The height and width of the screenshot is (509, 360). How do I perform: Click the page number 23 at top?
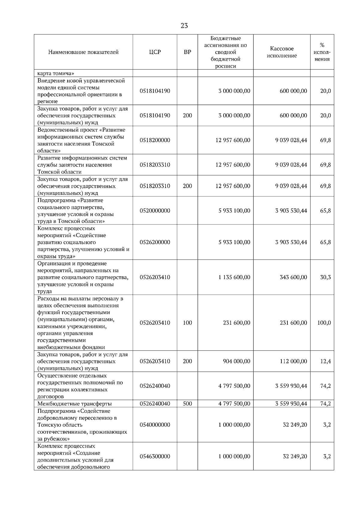coord(184,26)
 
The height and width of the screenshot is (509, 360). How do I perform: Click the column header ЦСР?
coord(155,52)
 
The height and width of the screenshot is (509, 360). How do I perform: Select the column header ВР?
coord(187,52)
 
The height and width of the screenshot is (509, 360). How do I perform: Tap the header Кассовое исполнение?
coord(282,52)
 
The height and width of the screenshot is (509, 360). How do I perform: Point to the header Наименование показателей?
coord(83,52)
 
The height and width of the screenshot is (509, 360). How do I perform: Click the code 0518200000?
coord(155,140)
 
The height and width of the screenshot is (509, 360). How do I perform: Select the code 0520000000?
coord(155,211)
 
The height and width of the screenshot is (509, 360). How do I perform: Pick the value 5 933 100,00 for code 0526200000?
coord(234,242)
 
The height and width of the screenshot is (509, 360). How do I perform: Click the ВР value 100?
coord(187,323)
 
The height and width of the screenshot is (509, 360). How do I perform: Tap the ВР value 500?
coord(187,404)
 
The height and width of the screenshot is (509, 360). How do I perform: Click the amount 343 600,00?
coord(293,277)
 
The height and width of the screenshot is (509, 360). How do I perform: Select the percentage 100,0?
coord(324,323)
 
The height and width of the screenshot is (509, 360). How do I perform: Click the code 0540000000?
coord(155,425)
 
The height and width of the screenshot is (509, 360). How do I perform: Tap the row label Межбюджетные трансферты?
coord(74,404)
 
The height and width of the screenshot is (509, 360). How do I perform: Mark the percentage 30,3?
coord(325,277)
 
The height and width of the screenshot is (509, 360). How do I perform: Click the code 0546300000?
coord(155,457)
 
